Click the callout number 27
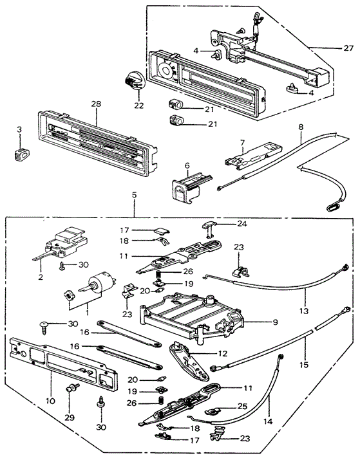click(x=348, y=48)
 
